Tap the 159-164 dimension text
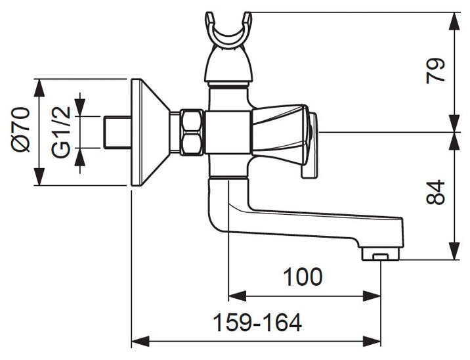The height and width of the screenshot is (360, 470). click(257, 323)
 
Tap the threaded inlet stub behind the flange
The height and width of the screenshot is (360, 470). click(119, 132)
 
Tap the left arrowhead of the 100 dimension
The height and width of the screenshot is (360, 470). click(234, 295)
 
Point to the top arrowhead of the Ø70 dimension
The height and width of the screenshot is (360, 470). click(39, 86)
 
